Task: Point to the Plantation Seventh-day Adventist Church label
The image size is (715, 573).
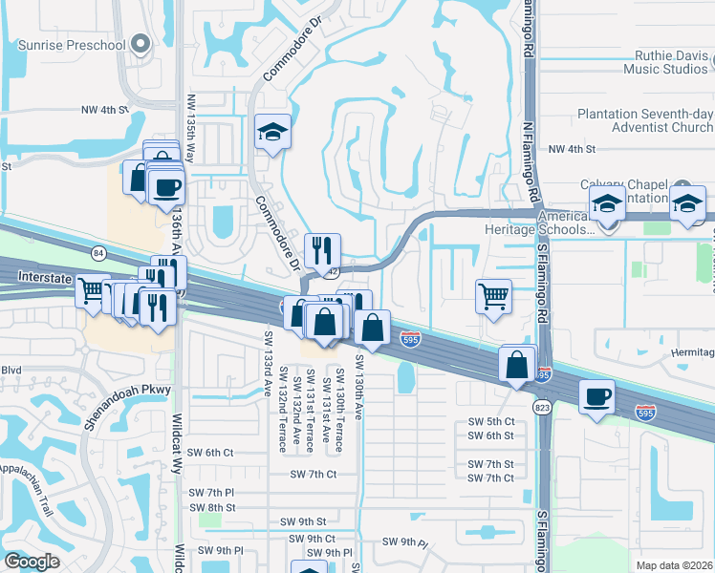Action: pos(645,120)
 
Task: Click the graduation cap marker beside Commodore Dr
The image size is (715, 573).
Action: pos(272,131)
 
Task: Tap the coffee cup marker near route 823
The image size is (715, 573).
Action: pos(596,396)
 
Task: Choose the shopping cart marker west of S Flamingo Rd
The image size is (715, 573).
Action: pos(493,295)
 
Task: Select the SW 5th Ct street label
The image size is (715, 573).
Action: pos(491,421)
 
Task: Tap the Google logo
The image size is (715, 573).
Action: pos(32,562)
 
